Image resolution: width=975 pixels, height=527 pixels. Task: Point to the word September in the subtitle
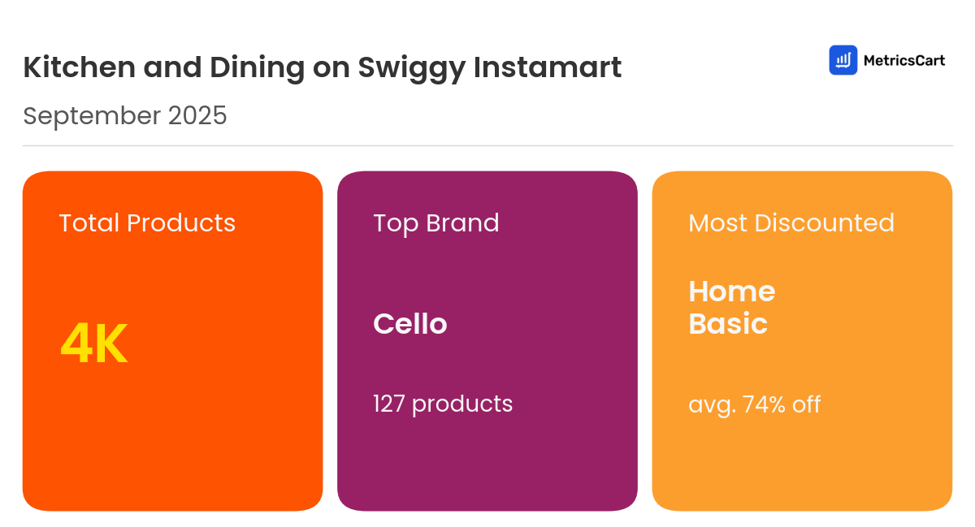pos(92,117)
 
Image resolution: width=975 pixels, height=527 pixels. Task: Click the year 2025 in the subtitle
pos(197,116)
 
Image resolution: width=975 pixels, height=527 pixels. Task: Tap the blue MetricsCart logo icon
pos(843,60)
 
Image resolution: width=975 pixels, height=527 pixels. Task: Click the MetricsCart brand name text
pos(903,60)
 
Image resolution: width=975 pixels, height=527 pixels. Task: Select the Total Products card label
pos(147,223)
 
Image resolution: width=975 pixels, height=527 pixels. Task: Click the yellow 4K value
pos(94,344)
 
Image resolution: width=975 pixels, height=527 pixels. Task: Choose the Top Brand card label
pos(435,223)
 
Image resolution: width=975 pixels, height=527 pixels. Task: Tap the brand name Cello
pos(409,324)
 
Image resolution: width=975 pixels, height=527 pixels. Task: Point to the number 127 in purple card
pos(389,404)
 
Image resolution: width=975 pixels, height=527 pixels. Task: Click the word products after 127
pos(462,404)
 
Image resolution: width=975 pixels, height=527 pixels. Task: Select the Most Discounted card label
pos(791,223)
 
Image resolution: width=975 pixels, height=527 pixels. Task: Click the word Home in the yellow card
pos(731,292)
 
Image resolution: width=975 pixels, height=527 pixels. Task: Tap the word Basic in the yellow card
pos(727,324)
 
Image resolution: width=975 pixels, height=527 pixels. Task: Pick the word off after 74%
pos(806,404)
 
